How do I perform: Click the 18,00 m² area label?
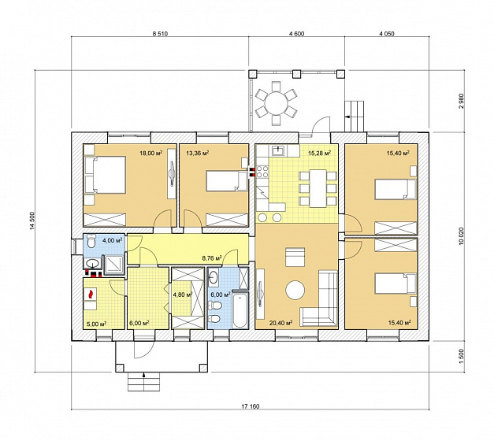point(151,154)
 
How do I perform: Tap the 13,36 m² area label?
point(198,154)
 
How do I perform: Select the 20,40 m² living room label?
point(280,323)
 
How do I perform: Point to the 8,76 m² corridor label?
point(212,258)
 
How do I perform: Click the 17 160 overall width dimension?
point(251,406)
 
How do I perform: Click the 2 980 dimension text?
point(462,101)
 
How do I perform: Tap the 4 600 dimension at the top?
point(296,34)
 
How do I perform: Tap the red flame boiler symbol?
point(91,295)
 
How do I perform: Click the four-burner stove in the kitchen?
point(262,172)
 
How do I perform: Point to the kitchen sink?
point(278,150)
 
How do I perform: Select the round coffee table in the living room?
point(295,291)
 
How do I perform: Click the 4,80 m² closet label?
point(183,295)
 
